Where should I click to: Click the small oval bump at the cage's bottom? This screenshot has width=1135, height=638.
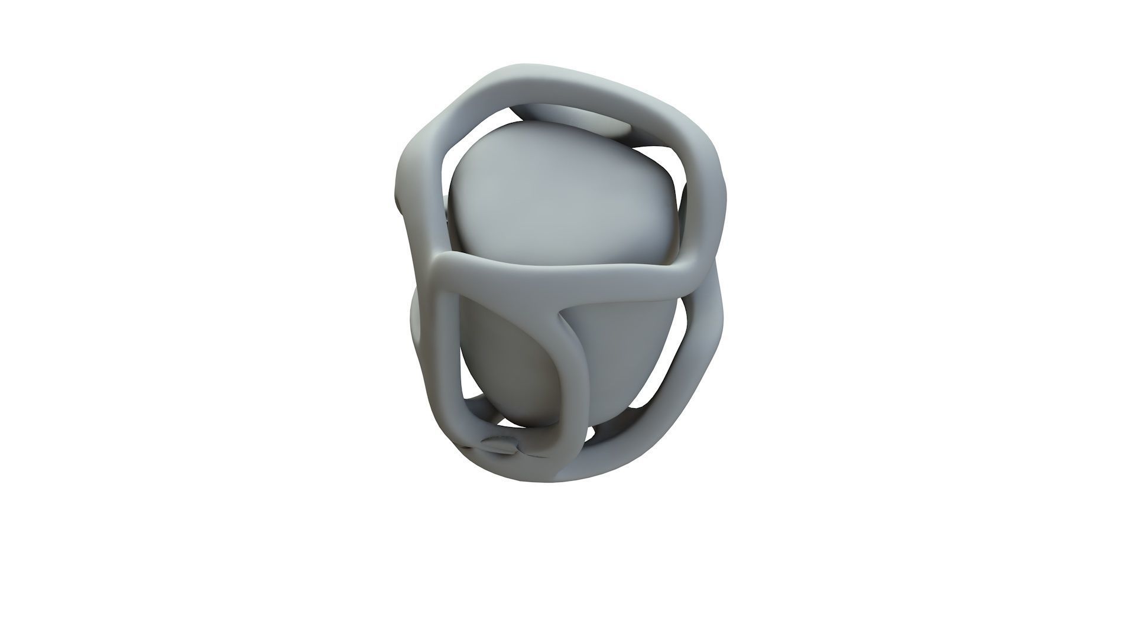pyautogui.click(x=500, y=443)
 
